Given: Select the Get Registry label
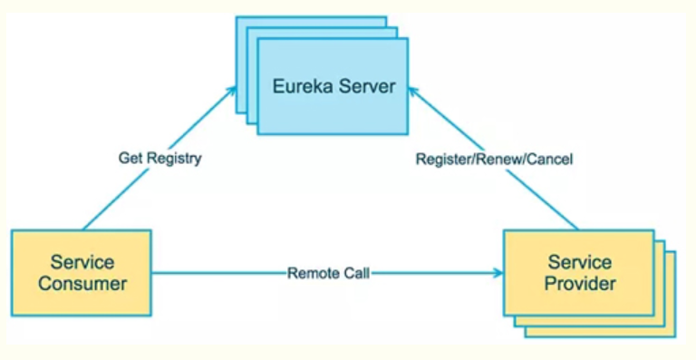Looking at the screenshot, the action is [x=159, y=158].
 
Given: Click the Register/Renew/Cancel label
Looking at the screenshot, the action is [x=494, y=159].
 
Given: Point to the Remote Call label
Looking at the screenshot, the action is [x=328, y=273].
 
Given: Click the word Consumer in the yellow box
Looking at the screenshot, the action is [x=82, y=284].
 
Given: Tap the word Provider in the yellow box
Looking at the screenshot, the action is [x=580, y=283].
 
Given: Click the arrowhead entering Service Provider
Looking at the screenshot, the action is [x=498, y=273].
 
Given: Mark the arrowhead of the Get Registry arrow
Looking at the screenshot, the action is [x=231, y=91].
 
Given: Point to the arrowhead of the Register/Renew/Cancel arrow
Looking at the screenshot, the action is [x=413, y=91].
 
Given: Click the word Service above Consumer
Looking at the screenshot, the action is [x=82, y=262].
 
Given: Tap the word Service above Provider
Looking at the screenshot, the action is [x=580, y=262].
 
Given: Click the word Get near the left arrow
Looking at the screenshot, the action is [x=130, y=158].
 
